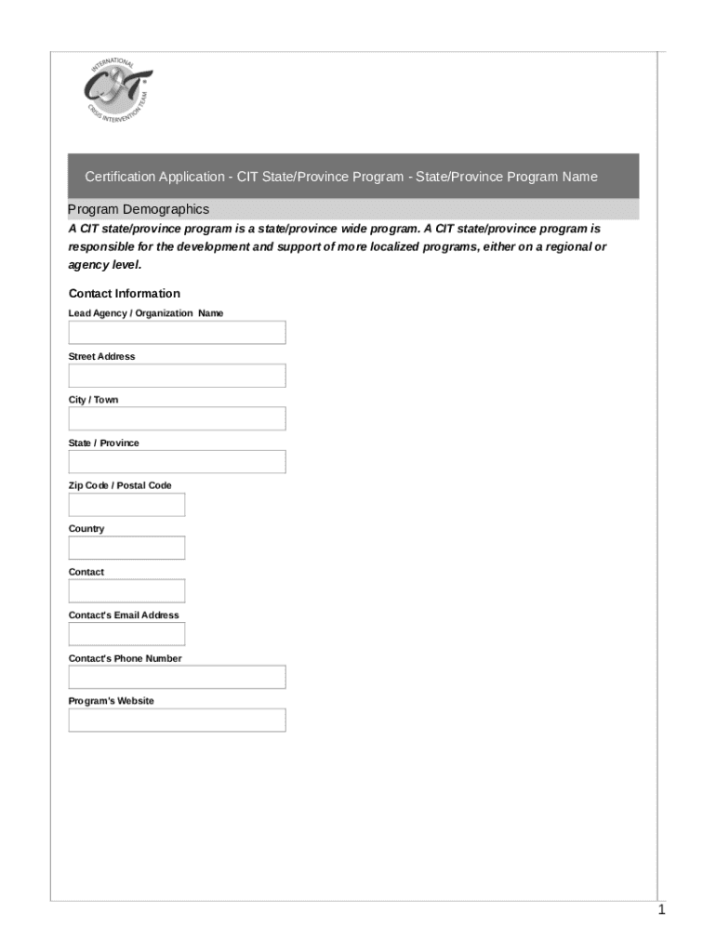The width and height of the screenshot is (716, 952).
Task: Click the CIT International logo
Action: point(117,93)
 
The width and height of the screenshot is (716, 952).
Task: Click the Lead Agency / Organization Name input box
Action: point(177,333)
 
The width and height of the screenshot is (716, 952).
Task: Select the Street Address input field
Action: point(177,376)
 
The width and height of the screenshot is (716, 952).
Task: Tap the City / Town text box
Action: point(177,418)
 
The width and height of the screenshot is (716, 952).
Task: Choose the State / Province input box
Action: point(177,462)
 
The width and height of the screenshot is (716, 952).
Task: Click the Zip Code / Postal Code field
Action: point(126,505)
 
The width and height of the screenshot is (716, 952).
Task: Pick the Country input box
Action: point(126,548)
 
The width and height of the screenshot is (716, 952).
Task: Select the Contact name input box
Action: point(126,591)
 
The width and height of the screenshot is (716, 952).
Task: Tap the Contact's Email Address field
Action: point(126,634)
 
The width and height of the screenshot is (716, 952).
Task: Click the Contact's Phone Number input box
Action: point(177,677)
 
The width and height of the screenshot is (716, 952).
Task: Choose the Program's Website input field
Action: point(177,721)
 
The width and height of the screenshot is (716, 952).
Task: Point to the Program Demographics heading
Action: point(139,209)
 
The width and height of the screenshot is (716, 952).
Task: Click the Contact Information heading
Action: point(125,294)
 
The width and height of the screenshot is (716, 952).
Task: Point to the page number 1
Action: point(661,910)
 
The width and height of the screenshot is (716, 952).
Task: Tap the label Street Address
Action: point(101,357)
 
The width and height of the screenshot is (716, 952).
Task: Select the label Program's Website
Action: point(112,701)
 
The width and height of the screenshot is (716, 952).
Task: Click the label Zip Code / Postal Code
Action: point(120,485)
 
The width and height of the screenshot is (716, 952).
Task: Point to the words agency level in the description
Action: point(103,265)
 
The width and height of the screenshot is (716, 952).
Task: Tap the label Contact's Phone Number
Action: point(125,658)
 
